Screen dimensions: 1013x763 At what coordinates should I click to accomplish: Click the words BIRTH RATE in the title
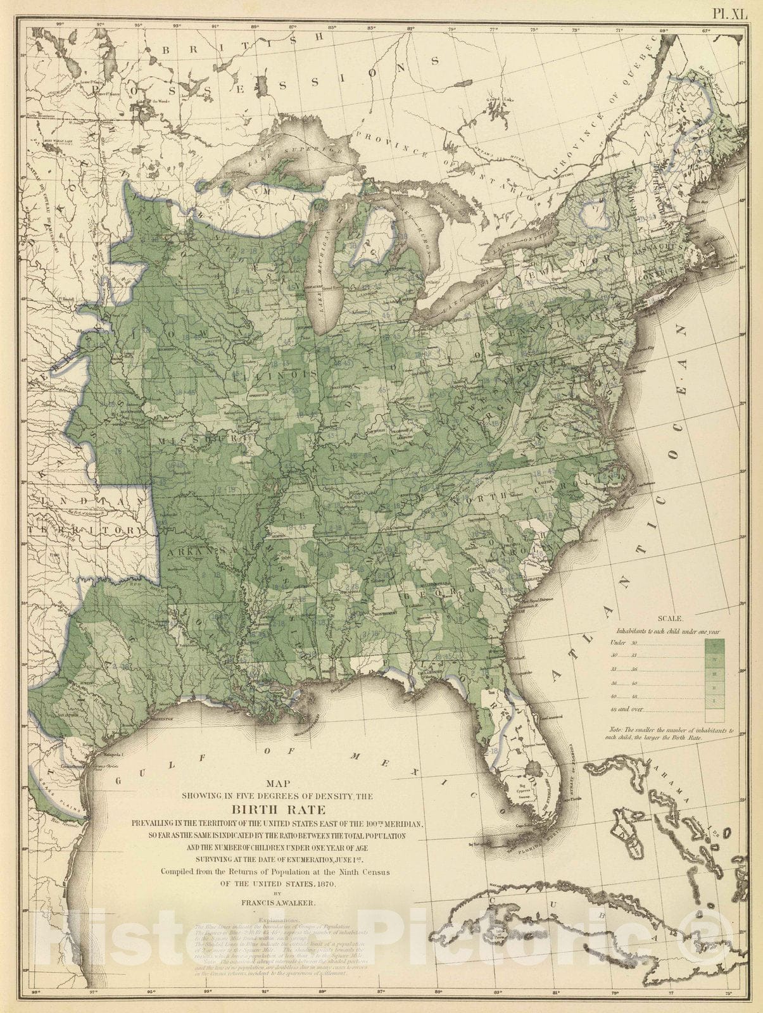(x=277, y=810)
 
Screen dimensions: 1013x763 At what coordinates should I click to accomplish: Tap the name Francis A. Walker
(x=278, y=897)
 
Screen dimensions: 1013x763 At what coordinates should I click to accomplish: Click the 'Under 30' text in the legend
(x=621, y=643)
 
